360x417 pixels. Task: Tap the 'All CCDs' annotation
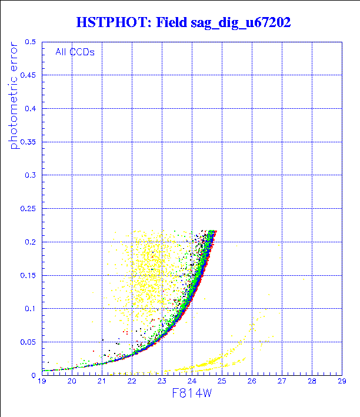pos(75,52)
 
